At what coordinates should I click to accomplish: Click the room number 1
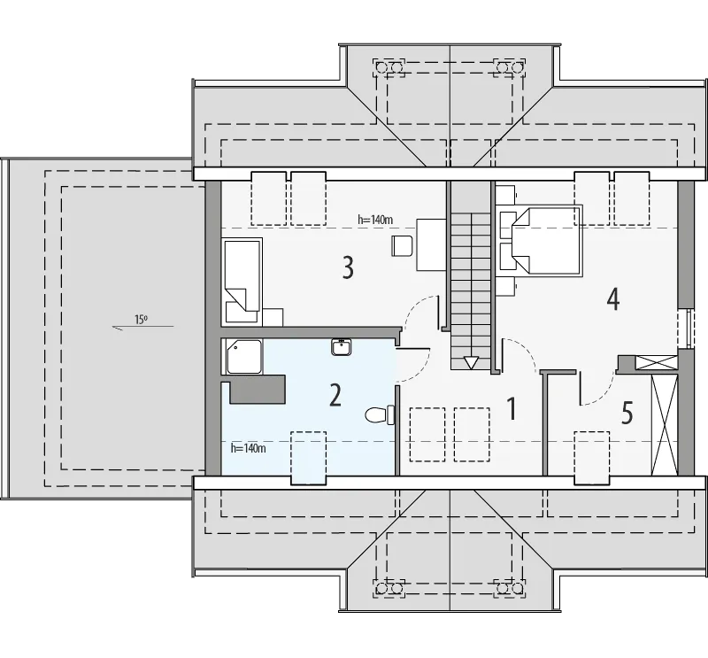pos(512,408)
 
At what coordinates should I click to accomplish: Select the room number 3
pos(348,267)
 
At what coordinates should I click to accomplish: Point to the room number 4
pos(612,298)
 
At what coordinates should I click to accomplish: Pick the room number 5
pos(627,413)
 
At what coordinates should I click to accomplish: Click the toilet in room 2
pos(380,414)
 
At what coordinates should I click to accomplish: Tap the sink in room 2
pos(342,347)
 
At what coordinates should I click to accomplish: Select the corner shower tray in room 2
pos(244,357)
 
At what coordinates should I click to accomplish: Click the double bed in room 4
pos(546,239)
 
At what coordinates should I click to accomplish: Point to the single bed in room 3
pos(242,281)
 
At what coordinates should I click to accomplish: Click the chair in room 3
pos(403,246)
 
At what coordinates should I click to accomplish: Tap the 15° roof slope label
pos(141,320)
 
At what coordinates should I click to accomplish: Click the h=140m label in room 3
pos(375,220)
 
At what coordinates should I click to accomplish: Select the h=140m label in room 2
pos(248,448)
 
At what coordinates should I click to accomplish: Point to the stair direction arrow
pos(471,362)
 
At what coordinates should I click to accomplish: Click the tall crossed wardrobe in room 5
pos(665,425)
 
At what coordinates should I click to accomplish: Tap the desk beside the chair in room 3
pos(431,244)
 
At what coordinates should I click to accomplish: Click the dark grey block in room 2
pos(258,389)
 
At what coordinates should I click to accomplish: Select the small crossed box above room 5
pos(656,364)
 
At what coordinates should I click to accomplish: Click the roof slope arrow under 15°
pos(142,327)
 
